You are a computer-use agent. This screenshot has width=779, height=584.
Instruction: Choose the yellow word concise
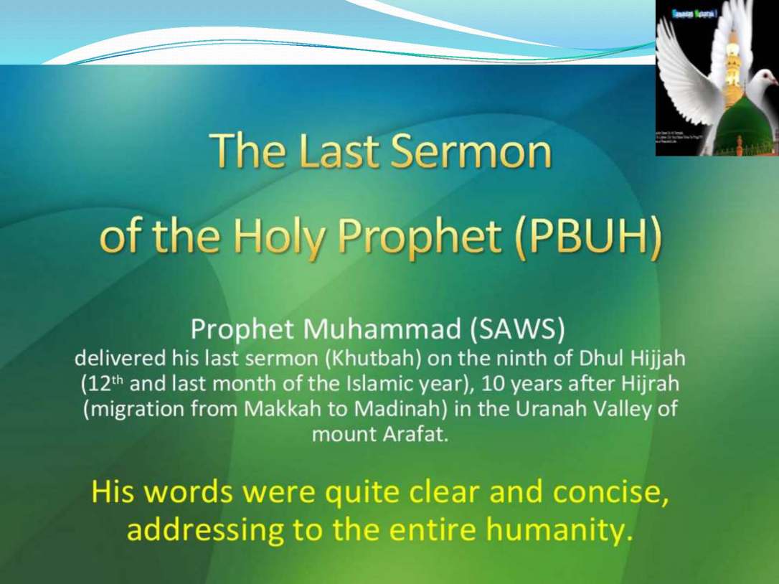pyautogui.click(x=615, y=492)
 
